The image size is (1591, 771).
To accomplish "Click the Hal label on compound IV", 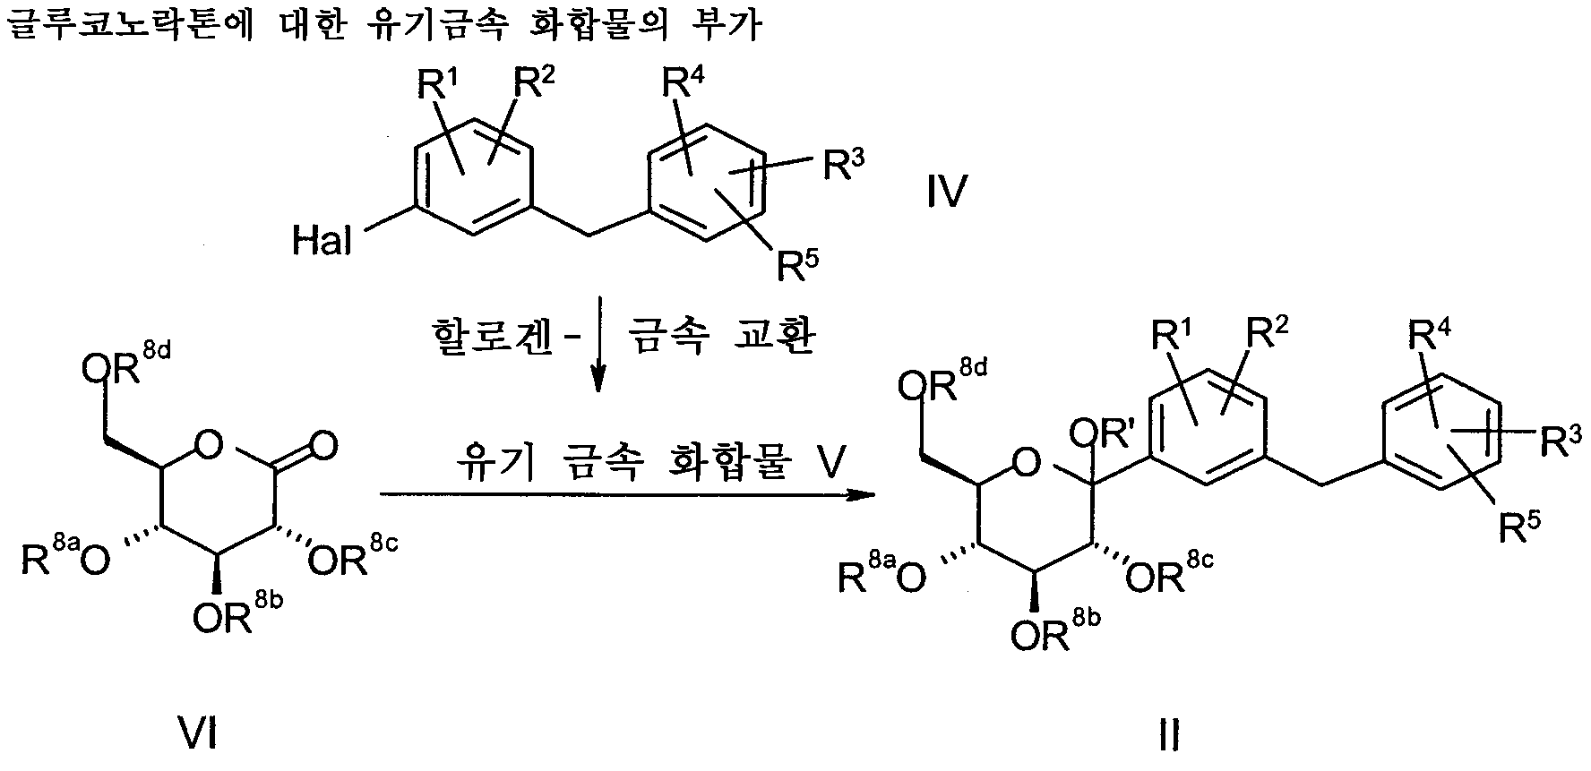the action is coord(321,241).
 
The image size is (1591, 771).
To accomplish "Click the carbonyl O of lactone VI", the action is coord(325,445).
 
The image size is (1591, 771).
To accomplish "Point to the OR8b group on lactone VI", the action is coord(238,613).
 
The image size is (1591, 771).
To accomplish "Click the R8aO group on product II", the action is coord(882,573).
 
